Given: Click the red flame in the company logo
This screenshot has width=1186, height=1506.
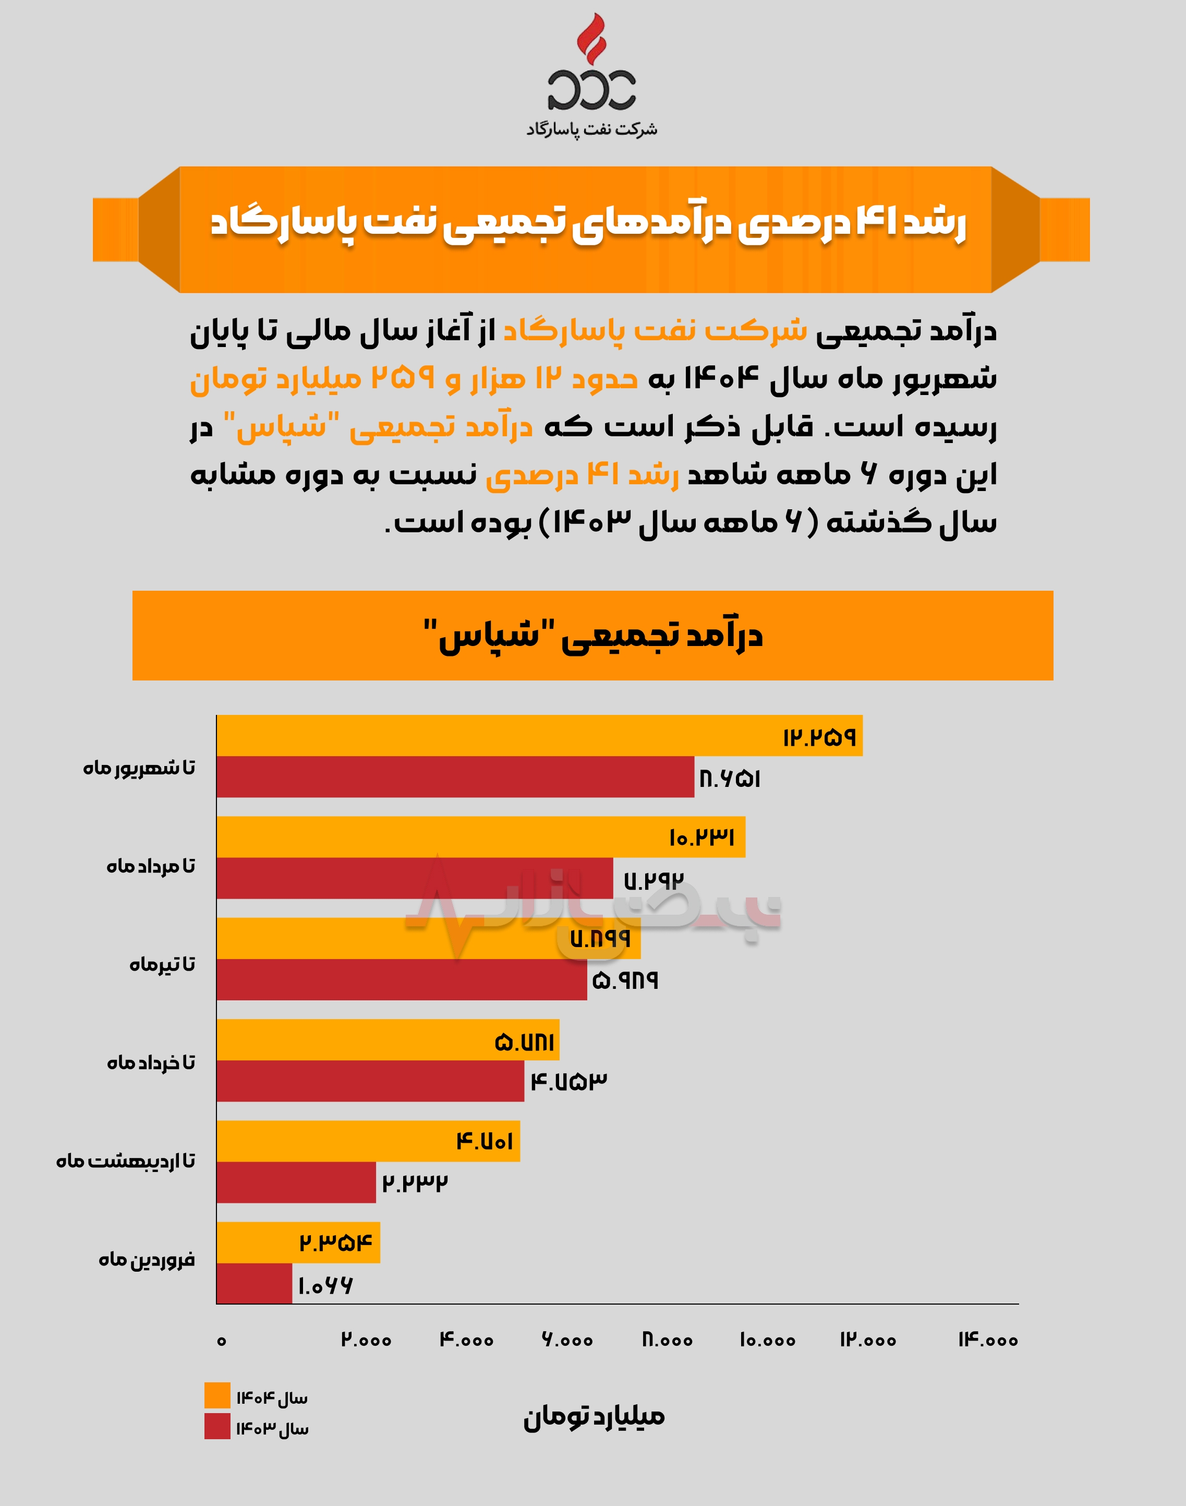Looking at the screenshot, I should click(591, 38).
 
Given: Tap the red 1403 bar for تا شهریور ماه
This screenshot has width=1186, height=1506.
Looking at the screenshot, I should click(455, 776).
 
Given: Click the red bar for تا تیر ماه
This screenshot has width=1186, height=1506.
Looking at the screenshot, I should click(402, 979).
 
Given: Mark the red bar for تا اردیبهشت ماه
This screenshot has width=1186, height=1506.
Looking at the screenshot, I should click(296, 1182).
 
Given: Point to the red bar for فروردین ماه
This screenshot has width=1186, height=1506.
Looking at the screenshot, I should click(254, 1284).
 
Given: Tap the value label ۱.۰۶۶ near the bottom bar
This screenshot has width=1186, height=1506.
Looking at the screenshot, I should click(325, 1286).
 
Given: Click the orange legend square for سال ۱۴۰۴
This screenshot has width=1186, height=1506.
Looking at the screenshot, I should click(217, 1395).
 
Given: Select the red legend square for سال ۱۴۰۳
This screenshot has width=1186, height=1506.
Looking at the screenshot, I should click(217, 1426).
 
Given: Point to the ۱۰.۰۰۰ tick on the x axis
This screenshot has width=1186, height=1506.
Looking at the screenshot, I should click(767, 1341).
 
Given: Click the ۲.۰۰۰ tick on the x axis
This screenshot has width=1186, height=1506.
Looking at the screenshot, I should click(366, 1341).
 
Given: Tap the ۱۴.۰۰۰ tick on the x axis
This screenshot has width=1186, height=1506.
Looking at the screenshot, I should click(988, 1341).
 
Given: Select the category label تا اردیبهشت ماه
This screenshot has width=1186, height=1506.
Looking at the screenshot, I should click(126, 1162).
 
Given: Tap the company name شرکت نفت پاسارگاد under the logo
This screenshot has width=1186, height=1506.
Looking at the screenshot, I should click(591, 129).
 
